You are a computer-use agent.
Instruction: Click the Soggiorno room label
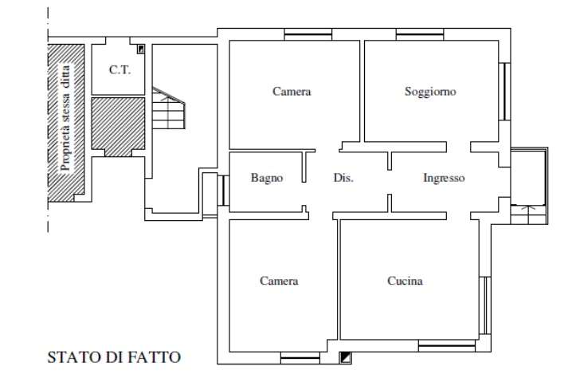tap(430, 91)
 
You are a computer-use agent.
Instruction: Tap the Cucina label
tap(405, 281)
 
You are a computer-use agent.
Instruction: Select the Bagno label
tap(267, 178)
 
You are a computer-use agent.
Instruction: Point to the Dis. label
tap(343, 178)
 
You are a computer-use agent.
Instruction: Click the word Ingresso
tap(444, 178)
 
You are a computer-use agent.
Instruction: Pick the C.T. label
tap(119, 69)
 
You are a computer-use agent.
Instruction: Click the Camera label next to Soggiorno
tap(292, 91)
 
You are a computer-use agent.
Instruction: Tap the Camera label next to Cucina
tap(279, 281)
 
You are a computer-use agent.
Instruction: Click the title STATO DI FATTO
tap(114, 357)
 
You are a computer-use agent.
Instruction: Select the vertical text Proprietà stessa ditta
tap(65, 118)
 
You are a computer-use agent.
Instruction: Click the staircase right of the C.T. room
tap(169, 108)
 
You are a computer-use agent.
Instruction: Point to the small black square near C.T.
tap(141, 49)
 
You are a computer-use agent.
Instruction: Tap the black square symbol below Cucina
tap(345, 357)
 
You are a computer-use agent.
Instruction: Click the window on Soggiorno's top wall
tap(420, 35)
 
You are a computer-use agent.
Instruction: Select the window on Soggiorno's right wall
tap(504, 92)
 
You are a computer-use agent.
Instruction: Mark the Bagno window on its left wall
tap(223, 191)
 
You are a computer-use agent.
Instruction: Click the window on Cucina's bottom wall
tap(447, 346)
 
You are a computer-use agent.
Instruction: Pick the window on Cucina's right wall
tap(485, 305)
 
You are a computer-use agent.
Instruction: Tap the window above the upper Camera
tap(308, 35)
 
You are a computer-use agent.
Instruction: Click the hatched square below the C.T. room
tap(118, 126)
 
